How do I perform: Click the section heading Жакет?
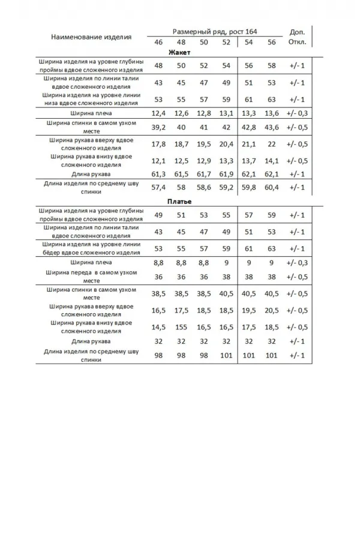(180, 53)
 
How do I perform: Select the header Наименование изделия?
(91, 37)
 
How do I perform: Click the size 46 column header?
(158, 42)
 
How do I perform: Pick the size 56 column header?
(272, 42)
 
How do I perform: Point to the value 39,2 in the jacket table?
(159, 127)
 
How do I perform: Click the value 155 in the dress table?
(181, 328)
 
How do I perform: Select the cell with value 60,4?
(272, 187)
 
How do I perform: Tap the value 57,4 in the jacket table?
(159, 187)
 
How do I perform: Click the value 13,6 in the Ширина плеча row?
(272, 113)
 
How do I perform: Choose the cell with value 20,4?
(226, 144)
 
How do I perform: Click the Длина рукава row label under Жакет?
(91, 174)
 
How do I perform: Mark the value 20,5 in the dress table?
(272, 310)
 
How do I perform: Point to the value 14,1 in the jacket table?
(272, 161)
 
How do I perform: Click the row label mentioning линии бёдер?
(91, 248)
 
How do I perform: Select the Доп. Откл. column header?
(297, 37)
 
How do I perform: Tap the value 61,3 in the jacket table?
(159, 174)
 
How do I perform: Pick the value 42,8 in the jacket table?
(248, 127)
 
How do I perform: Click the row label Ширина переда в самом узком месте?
(91, 276)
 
